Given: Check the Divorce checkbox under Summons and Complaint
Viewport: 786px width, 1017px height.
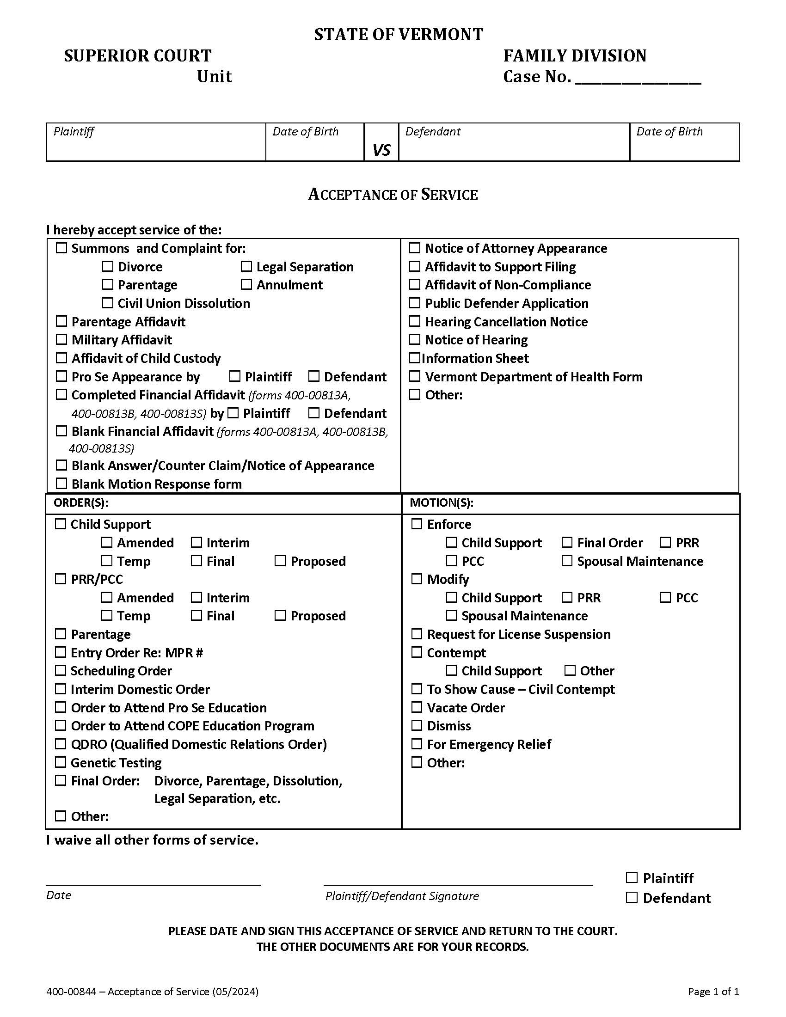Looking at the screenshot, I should [x=108, y=266].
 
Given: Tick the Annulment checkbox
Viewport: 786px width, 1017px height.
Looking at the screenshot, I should [x=246, y=284].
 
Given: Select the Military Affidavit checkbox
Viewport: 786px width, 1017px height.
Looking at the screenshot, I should [x=61, y=339].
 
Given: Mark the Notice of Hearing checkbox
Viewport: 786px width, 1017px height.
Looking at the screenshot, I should [x=414, y=339].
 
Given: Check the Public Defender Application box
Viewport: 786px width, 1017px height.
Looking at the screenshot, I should [x=414, y=303].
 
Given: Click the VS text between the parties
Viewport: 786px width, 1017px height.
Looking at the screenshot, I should [x=381, y=150].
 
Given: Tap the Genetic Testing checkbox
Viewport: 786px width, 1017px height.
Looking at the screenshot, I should [x=61, y=762].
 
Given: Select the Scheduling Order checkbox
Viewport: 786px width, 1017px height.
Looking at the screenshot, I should [x=61, y=670].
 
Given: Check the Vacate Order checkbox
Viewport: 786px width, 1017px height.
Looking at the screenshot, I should [x=417, y=707].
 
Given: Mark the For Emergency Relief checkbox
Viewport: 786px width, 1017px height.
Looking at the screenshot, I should [x=417, y=744].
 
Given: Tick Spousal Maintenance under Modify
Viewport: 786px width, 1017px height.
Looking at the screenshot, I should [x=451, y=615].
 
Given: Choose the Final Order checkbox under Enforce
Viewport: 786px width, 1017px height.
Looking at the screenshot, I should [x=567, y=542].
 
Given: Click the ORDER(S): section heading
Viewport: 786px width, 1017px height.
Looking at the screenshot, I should [x=81, y=502].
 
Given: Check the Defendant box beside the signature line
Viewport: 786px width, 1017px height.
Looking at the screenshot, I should [x=632, y=897].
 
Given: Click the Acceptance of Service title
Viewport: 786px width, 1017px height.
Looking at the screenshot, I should [x=393, y=195].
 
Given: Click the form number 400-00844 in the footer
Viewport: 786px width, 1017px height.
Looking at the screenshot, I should [x=71, y=992].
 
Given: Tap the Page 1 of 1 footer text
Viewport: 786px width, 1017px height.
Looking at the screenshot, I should [x=713, y=992].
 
